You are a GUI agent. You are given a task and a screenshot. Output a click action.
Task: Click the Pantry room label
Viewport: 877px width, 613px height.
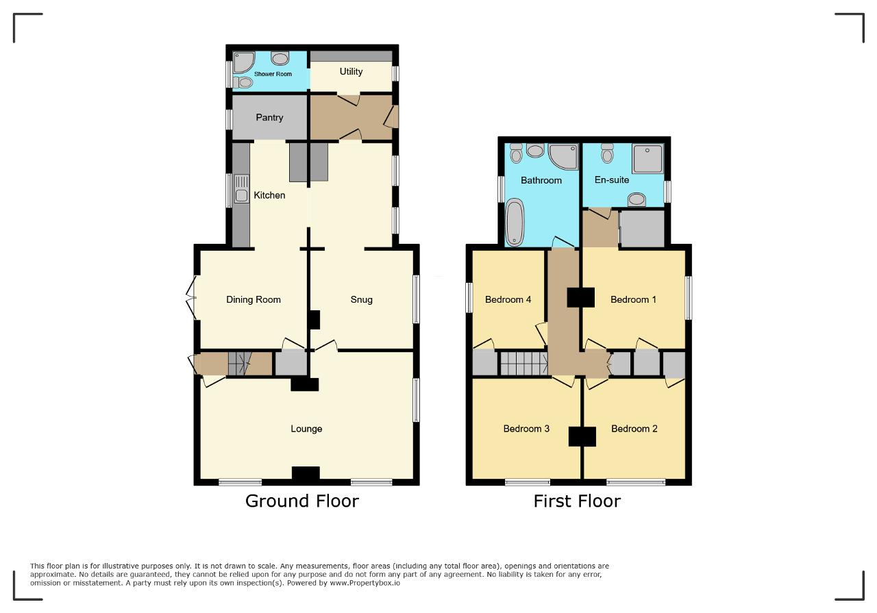tap(269, 117)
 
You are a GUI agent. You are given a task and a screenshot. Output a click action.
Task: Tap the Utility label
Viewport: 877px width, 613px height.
tap(351, 72)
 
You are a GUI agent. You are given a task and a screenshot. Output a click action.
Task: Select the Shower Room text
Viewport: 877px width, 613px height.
tap(273, 74)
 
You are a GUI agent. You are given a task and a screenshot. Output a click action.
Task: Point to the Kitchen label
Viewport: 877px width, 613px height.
tap(269, 195)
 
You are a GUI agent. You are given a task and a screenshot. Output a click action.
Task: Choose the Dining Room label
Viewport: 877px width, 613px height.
tap(254, 299)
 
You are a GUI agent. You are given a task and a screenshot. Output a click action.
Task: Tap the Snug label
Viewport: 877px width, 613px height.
tap(361, 300)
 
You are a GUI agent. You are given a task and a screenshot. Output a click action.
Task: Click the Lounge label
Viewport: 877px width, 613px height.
tap(306, 429)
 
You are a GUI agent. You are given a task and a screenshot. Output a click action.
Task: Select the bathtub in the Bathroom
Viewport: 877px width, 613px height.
tap(515, 223)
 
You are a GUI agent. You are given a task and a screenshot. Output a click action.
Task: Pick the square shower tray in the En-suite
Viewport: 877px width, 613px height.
tap(647, 158)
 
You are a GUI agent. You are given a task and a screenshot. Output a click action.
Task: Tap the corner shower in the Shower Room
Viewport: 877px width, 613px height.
tap(243, 62)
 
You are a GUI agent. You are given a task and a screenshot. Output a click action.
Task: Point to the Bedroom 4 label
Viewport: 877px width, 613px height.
tap(508, 300)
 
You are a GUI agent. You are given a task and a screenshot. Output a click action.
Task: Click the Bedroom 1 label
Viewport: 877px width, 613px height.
tap(633, 300)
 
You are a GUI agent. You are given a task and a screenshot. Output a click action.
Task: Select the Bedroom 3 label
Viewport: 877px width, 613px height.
tap(526, 429)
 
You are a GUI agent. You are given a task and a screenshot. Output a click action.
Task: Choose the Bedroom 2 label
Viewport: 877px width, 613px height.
tap(634, 429)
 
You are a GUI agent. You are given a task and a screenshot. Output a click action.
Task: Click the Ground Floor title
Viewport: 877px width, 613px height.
tap(302, 501)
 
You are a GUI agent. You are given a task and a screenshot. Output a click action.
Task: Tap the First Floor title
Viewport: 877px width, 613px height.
tap(577, 501)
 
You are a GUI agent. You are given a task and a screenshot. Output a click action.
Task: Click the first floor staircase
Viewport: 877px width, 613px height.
tap(524, 364)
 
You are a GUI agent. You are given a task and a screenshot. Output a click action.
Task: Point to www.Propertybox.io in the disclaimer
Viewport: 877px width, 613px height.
tap(365, 583)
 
